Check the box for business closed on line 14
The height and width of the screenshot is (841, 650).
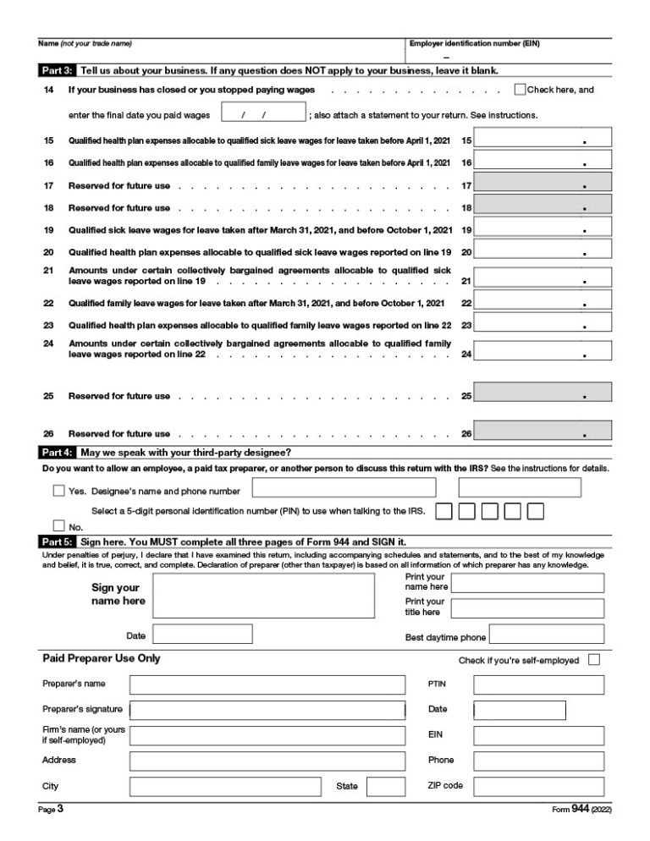(520, 90)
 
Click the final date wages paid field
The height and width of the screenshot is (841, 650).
(262, 113)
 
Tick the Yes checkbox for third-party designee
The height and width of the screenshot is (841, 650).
(58, 490)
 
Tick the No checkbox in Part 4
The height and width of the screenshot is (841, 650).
(58, 526)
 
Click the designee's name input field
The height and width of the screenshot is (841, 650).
(344, 487)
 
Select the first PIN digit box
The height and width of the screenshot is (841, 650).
(443, 511)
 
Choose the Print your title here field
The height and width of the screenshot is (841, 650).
(527, 607)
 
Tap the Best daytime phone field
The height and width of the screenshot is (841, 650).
(547, 635)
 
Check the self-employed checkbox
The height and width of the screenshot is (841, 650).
(593, 660)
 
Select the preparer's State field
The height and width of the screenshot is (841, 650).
(385, 786)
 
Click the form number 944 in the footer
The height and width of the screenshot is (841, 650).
(580, 809)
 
